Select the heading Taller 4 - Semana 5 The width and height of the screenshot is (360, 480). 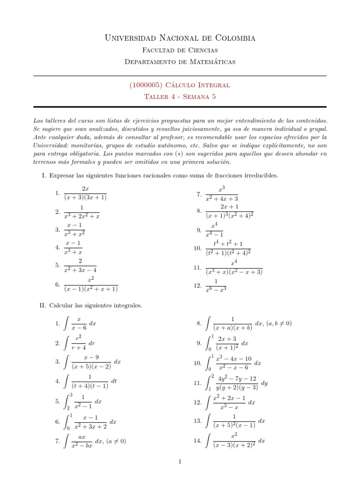click(180, 97)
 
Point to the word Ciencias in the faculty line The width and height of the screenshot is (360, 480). click(200, 50)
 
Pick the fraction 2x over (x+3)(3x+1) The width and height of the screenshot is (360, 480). click(86, 193)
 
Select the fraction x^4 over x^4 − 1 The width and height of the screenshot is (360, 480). click(214, 230)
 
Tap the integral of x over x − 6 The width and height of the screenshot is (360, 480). click(80, 323)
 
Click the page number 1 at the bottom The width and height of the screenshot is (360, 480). click(180, 462)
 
